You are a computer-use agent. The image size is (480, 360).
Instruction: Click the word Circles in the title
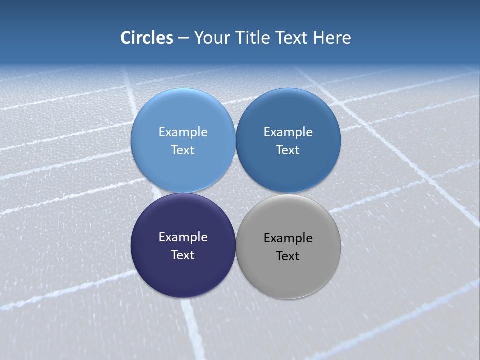(x=146, y=38)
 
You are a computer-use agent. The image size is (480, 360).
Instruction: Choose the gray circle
(x=288, y=277)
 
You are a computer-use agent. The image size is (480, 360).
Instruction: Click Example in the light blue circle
(x=183, y=132)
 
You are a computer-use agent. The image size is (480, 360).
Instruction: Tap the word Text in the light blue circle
(x=183, y=150)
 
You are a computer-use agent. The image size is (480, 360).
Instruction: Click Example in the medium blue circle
(x=288, y=132)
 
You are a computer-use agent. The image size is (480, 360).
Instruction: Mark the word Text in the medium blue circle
(x=288, y=150)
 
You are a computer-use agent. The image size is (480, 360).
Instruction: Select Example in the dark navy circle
(x=183, y=237)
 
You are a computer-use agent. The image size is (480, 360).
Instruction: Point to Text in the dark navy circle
(x=183, y=255)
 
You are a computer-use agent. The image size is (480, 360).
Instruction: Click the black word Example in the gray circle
(x=288, y=238)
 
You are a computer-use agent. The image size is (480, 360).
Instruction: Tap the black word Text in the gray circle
(x=288, y=256)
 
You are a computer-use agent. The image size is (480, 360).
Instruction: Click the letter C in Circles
(x=126, y=38)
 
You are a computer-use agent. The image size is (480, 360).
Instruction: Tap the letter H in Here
(x=318, y=38)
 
